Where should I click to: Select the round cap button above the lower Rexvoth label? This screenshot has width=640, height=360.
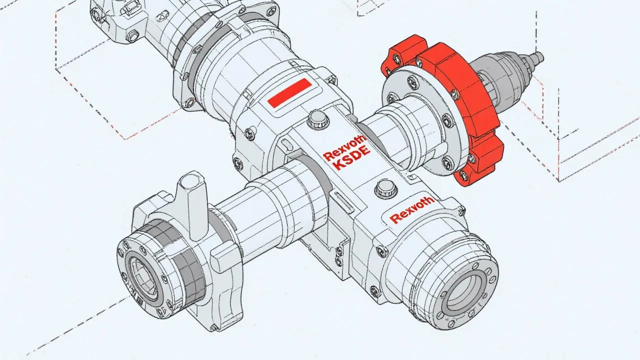tap(385, 187)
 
